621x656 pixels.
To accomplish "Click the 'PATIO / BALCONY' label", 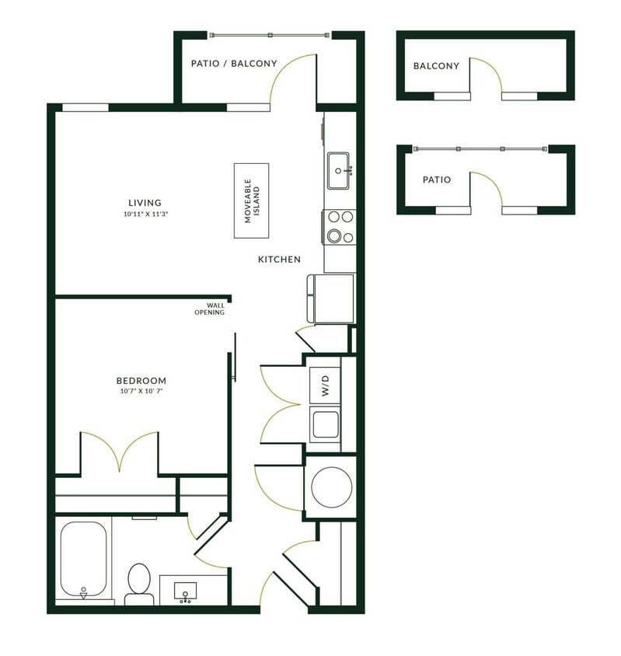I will (234, 64).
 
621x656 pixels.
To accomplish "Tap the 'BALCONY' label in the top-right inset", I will (436, 66).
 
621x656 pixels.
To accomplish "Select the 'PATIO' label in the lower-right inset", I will (436, 180).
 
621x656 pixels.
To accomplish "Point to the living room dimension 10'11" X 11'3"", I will (145, 214).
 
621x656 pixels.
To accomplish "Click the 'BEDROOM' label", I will (141, 380).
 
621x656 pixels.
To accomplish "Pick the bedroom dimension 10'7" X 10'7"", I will (141, 392).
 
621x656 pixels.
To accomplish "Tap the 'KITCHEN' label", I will (279, 260).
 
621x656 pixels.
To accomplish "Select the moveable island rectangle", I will (252, 201).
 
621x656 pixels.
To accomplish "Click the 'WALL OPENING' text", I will (210, 309).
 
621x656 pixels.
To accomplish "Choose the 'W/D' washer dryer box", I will (325, 385).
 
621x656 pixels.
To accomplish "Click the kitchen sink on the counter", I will (339, 170).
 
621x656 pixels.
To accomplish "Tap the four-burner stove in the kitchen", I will (340, 226).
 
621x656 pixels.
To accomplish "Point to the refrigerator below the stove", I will (333, 298).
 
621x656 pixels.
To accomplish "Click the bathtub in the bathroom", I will (83, 557).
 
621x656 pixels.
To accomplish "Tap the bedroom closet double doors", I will (119, 453).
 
